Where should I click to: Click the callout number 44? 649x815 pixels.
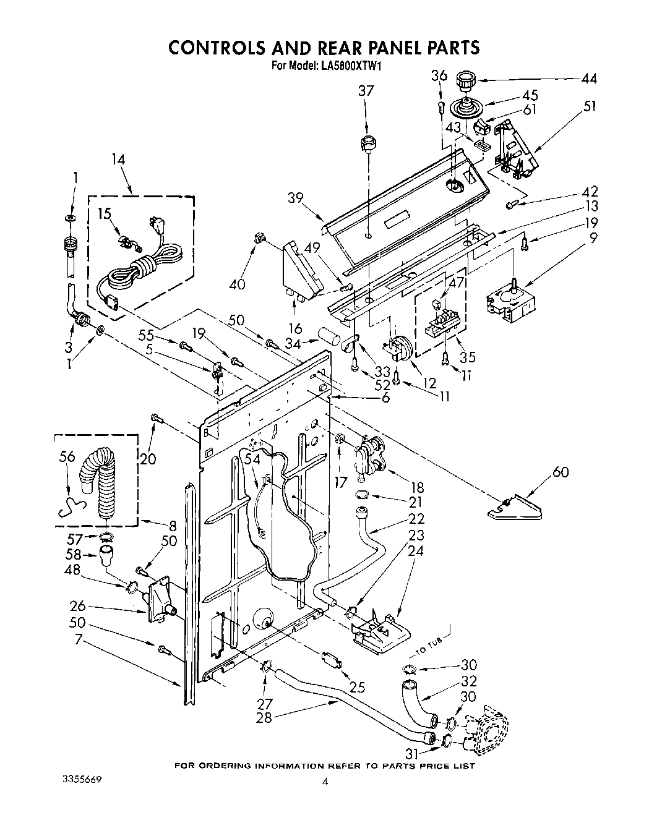(x=589, y=79)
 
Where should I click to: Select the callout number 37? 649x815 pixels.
(x=366, y=91)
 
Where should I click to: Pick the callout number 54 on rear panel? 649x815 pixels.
(x=252, y=459)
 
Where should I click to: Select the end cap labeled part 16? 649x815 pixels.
(x=301, y=271)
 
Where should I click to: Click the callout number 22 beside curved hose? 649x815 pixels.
(x=417, y=518)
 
